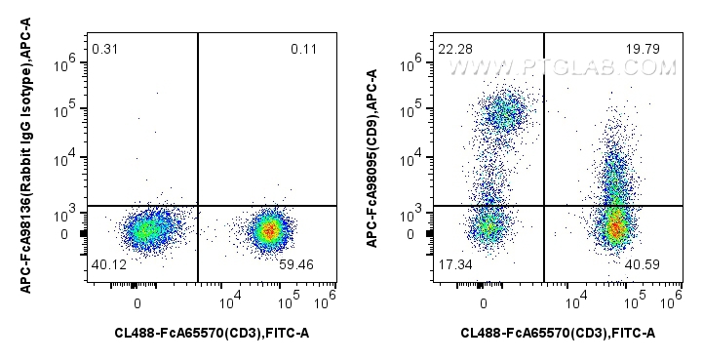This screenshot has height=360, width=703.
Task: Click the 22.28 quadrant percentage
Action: coord(452,49)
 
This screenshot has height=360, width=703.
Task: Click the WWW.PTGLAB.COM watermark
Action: coord(562,67)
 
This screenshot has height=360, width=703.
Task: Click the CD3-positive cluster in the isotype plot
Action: coord(269,230)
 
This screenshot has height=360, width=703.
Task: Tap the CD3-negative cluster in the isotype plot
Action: coord(145,230)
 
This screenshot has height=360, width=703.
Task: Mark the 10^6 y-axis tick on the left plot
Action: coord(70,63)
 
